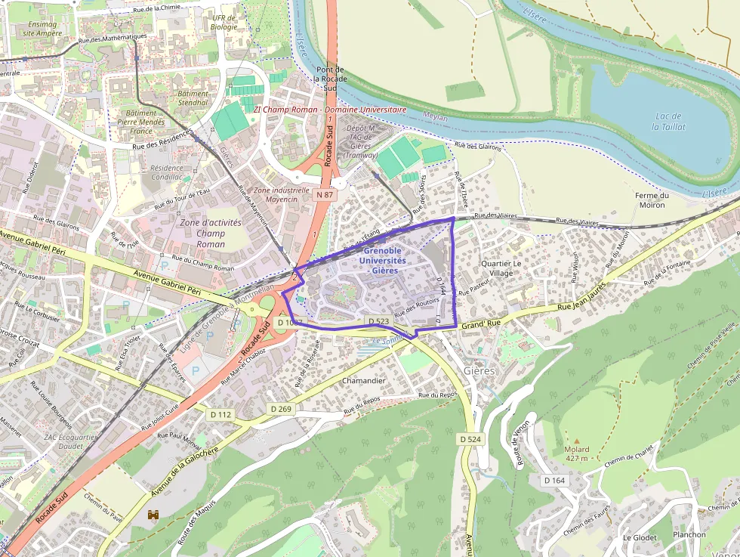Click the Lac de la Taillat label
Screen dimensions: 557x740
click(x=668, y=121)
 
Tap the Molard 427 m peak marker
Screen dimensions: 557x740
click(x=577, y=440)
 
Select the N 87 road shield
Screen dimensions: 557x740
click(x=324, y=194)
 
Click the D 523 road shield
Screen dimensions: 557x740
click(x=380, y=321)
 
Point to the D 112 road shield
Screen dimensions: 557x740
click(x=220, y=414)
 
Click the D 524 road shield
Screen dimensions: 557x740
click(x=470, y=438)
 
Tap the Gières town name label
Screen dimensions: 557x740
click(x=479, y=370)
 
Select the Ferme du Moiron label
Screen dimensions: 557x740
click(x=652, y=200)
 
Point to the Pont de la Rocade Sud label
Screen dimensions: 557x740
click(x=329, y=79)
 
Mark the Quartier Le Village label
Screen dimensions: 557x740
click(x=501, y=268)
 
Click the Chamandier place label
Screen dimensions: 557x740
click(x=364, y=380)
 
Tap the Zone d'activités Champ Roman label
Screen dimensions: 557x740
click(x=211, y=233)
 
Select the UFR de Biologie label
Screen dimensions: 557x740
click(x=224, y=23)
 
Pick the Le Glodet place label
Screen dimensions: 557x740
click(x=640, y=537)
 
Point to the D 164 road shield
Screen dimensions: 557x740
click(x=553, y=480)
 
